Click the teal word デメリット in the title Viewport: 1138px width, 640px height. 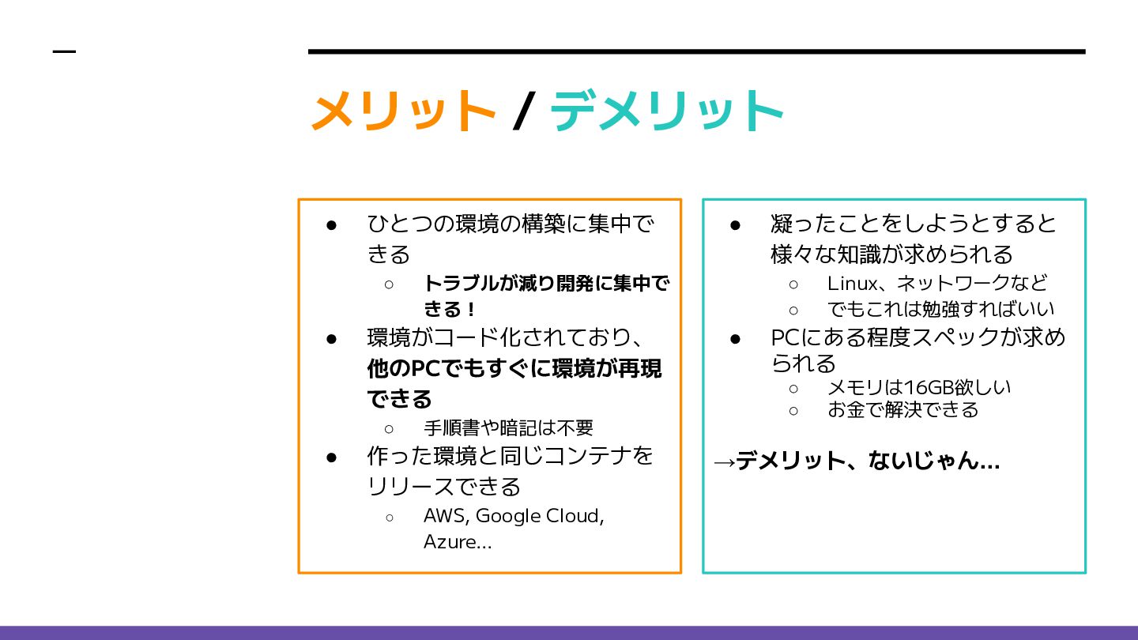click(666, 111)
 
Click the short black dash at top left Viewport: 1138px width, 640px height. click(64, 52)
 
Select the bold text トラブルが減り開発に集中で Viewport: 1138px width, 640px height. click(546, 283)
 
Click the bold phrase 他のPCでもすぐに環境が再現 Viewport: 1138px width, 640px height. click(514, 368)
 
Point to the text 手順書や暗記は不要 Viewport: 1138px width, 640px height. click(508, 427)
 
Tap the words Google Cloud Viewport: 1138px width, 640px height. click(539, 516)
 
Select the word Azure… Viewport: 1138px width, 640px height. click(458, 542)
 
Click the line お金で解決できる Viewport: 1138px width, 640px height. click(902, 409)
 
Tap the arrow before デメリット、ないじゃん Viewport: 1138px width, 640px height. click(723, 461)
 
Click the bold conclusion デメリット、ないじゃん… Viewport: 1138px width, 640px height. click(868, 461)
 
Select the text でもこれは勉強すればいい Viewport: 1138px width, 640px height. click(940, 308)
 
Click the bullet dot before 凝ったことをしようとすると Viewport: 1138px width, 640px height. click(735, 225)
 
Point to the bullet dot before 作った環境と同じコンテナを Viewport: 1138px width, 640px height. click(332, 457)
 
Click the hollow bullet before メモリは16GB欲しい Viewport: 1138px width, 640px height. click(793, 388)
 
